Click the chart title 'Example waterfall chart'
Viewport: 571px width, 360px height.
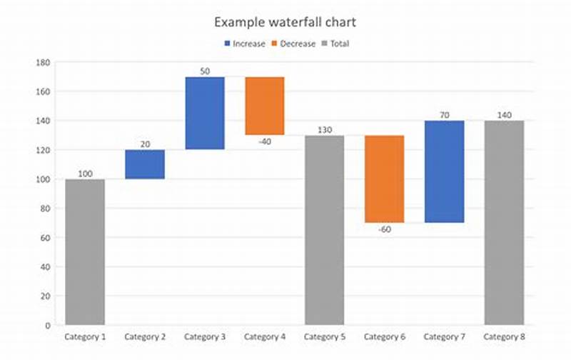285,22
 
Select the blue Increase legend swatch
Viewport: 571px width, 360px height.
227,44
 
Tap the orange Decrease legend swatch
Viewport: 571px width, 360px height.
276,44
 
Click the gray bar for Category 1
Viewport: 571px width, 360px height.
85,251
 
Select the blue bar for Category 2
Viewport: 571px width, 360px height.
145,164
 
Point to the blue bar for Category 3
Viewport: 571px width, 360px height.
205,113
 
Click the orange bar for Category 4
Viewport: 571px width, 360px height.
265,106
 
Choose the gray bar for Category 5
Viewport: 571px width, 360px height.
325,229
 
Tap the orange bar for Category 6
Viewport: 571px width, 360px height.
385,179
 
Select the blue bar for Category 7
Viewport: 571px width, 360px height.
445,171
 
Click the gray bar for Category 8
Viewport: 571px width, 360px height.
505,222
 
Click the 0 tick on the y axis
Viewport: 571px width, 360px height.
48,325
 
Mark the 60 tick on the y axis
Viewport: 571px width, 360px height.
44,238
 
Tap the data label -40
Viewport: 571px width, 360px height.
265,141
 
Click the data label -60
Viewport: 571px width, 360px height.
385,229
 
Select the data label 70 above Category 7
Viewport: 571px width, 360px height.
445,114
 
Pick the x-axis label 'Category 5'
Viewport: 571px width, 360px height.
325,336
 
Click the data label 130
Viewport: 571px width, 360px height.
325,130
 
